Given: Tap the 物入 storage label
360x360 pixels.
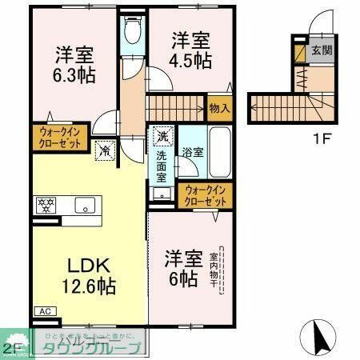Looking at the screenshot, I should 219,107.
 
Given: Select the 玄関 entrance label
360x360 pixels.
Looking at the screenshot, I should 322,53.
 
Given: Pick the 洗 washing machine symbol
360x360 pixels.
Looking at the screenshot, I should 162,135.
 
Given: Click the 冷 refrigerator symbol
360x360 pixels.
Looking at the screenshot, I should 104,148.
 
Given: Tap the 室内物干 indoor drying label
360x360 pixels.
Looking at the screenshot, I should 214,272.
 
